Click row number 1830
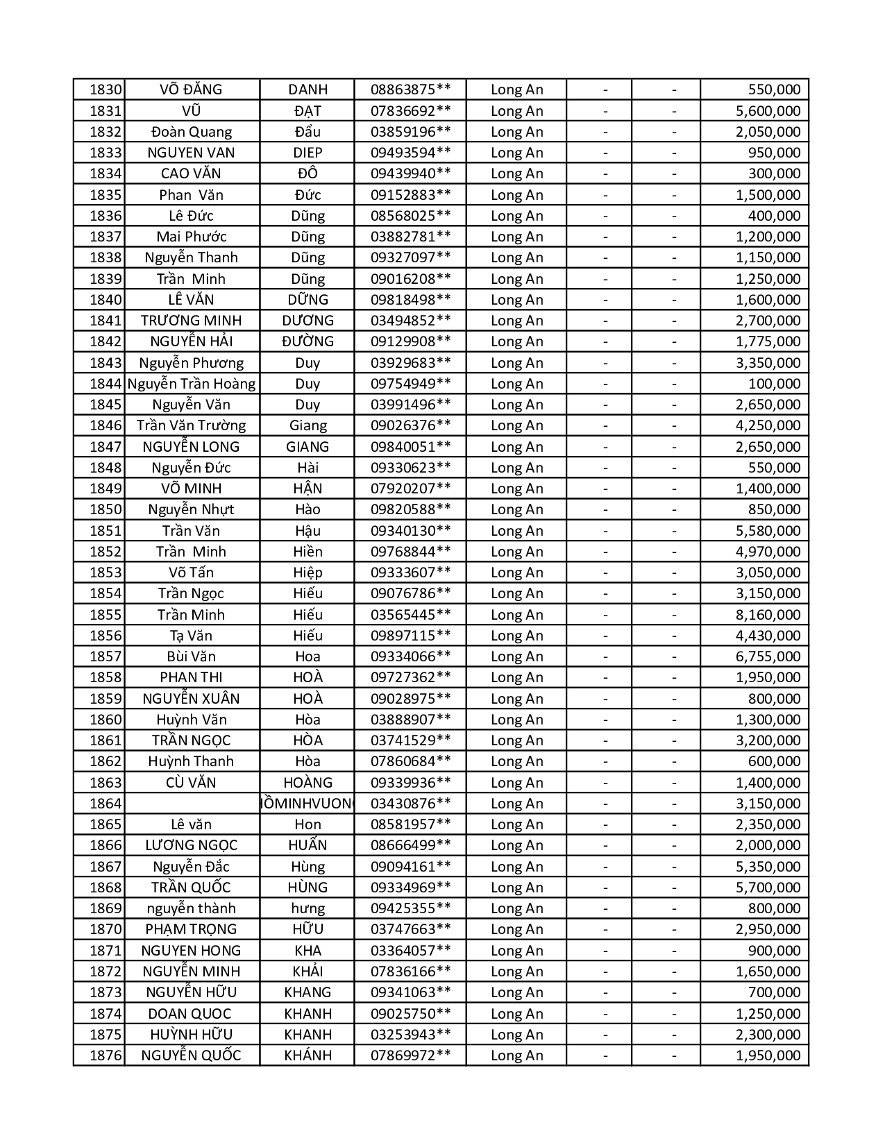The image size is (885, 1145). [x=106, y=90]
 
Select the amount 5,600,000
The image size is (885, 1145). [x=768, y=111]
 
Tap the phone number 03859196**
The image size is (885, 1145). [x=410, y=132]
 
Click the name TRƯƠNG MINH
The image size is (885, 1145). [x=192, y=321]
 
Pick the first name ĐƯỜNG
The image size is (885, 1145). [x=307, y=341]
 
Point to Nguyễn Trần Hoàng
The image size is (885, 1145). [x=192, y=384]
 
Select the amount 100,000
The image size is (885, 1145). [x=774, y=384]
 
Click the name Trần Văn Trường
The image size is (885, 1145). [x=192, y=425]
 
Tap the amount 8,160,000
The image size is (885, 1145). [x=768, y=615]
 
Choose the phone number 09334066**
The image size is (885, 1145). [x=410, y=656]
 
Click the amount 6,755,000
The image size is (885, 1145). [x=768, y=656]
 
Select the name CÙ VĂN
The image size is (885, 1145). [x=192, y=783]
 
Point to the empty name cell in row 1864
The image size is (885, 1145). [x=192, y=804]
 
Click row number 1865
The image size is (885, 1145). [x=106, y=824]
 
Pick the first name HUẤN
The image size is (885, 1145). [x=307, y=845]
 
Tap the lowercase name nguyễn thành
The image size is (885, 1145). [x=192, y=908]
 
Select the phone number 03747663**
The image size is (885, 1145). [x=410, y=929]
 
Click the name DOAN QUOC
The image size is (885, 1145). [x=192, y=1013]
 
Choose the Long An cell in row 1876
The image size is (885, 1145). [x=516, y=1055]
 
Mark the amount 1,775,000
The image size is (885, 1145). [x=768, y=341]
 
